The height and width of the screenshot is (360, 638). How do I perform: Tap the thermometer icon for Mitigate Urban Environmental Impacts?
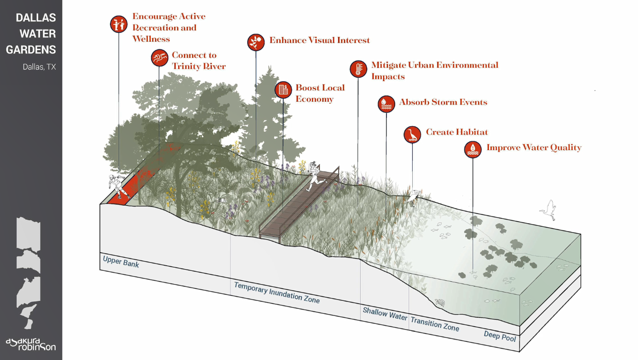[x=358, y=69]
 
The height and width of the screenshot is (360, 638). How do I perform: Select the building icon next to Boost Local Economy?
[x=283, y=90]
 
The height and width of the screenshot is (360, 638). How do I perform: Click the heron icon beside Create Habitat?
[x=412, y=135]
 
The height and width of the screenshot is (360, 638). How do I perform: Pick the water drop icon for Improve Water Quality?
[x=473, y=150]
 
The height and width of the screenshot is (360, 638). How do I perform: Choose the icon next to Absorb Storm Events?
[x=386, y=104]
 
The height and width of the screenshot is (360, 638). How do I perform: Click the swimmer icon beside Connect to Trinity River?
[x=159, y=58]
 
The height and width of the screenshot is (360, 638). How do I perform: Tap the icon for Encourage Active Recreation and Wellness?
[x=119, y=23]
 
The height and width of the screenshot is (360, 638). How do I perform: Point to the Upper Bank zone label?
[x=121, y=262]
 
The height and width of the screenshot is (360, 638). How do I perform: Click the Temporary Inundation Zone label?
[x=277, y=292]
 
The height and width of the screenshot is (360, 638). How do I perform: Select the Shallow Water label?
[x=385, y=314]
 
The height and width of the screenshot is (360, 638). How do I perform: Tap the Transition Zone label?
[x=435, y=323]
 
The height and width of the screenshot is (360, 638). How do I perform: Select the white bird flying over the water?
[x=549, y=210]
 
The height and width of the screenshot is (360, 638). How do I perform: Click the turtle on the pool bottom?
[x=439, y=302]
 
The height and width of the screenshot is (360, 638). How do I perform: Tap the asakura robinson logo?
[x=31, y=344]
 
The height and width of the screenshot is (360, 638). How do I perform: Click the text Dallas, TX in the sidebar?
[x=39, y=67]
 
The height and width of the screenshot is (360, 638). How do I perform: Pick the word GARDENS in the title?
[x=31, y=50]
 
